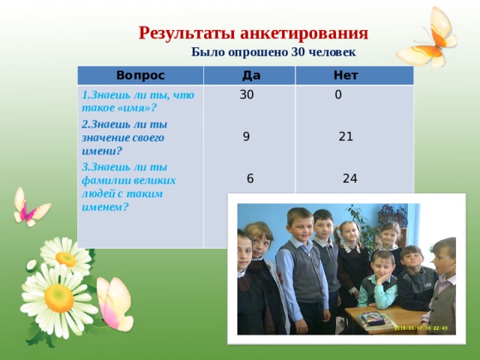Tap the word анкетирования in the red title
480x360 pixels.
pyautogui.click(x=304, y=33)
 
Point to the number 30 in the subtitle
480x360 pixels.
pyautogui.click(x=298, y=52)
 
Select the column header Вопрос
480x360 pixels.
pyautogui.click(x=140, y=75)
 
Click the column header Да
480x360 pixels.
pyautogui.click(x=251, y=75)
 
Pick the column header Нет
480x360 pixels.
pyautogui.click(x=346, y=75)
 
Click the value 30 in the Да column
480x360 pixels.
pyautogui.click(x=247, y=94)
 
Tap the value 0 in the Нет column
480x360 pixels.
pyautogui.click(x=338, y=94)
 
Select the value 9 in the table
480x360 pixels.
pyautogui.click(x=247, y=136)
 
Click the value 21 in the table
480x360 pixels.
pyautogui.click(x=346, y=136)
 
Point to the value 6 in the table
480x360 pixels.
pyautogui.click(x=250, y=178)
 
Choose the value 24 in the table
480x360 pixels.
pyautogui.click(x=350, y=178)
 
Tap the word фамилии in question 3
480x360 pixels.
pyautogui.click(x=100, y=180)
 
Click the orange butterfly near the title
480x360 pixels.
pyautogui.click(x=427, y=38)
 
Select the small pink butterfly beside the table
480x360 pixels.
pyautogui.click(x=31, y=207)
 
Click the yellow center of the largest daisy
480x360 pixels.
pyautogui.click(x=58, y=298)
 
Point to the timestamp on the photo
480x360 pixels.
pyautogui.click(x=421, y=328)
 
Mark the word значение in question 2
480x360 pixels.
pyautogui.click(x=101, y=138)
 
